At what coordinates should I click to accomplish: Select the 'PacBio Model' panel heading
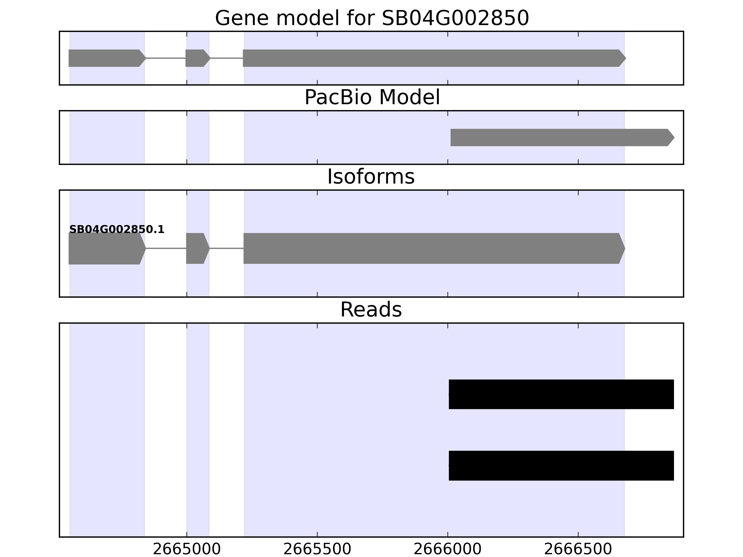coord(372,97)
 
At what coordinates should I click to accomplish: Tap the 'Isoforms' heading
coord(371,177)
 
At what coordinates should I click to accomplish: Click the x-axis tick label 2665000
coord(187,550)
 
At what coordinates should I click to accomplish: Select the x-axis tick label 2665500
coord(317,550)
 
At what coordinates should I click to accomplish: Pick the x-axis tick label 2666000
coord(447,550)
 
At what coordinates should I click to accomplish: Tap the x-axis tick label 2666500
coord(578,550)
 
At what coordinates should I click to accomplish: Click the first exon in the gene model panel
coord(107,58)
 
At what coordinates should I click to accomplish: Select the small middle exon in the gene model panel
coord(198,58)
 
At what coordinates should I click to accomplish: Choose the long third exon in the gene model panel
coord(434,58)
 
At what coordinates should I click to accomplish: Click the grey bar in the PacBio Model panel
coord(562,137)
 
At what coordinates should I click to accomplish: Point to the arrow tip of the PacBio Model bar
coord(675,137)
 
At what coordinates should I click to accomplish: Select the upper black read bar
coord(561,394)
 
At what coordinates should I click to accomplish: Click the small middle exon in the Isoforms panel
coord(198,248)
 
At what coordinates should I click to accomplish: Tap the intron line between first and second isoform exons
coord(166,248)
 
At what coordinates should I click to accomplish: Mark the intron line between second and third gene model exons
coord(227,58)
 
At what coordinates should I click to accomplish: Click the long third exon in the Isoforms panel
coord(434,248)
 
